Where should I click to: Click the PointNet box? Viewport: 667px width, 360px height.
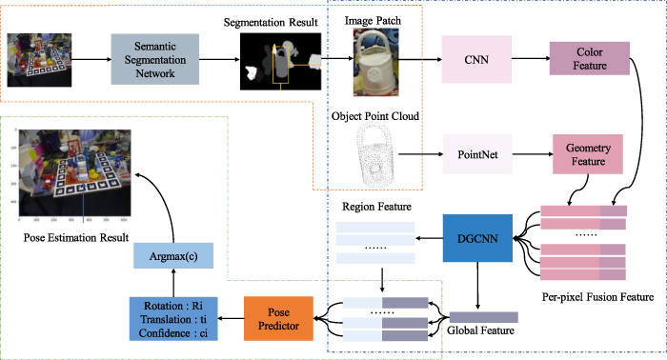(476, 153)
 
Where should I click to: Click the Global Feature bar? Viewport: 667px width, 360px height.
(483, 316)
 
